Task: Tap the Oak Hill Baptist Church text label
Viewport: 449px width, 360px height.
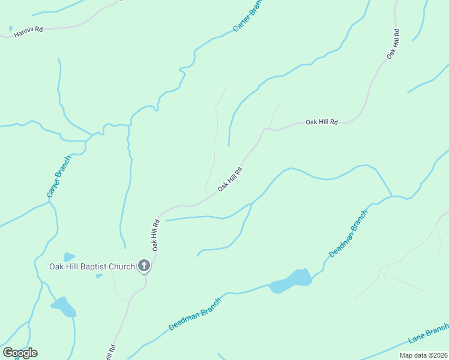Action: click(92, 266)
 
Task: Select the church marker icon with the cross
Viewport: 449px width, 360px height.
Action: click(144, 265)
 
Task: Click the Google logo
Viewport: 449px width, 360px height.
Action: click(20, 353)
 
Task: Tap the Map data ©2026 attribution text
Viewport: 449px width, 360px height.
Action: click(423, 355)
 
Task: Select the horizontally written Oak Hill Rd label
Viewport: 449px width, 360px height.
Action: click(322, 122)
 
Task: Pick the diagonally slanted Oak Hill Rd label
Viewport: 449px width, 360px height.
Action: click(230, 179)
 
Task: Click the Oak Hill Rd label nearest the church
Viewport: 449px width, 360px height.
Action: click(155, 235)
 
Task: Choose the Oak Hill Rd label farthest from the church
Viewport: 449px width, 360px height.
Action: click(393, 43)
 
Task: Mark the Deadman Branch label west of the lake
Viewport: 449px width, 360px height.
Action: click(195, 314)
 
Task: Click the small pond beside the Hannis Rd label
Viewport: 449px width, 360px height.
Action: click(11, 28)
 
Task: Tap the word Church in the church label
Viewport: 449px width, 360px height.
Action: click(122, 266)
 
